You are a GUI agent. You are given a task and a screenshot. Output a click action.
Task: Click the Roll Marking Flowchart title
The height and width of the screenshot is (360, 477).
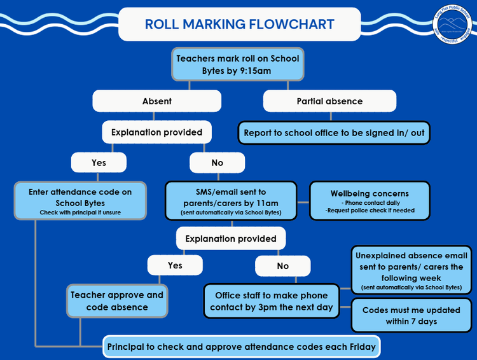(x=239, y=25)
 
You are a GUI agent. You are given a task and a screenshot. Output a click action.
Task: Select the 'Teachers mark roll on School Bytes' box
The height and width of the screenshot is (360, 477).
(x=237, y=64)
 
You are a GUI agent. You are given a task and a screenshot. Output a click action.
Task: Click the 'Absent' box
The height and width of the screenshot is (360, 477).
(x=156, y=101)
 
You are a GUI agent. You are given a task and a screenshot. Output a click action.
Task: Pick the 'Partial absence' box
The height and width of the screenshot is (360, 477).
(x=329, y=101)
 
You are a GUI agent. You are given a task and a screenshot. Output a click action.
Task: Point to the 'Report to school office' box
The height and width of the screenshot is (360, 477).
(x=334, y=133)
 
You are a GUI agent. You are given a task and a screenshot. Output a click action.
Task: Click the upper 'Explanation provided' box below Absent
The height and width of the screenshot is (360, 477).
(x=156, y=132)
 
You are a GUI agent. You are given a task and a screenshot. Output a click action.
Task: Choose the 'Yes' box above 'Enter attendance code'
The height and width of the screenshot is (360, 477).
(x=99, y=163)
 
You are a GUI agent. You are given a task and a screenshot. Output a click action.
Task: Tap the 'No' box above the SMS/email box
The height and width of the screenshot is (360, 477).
(x=218, y=163)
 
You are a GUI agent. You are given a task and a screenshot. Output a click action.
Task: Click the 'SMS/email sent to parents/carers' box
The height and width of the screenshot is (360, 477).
(x=231, y=200)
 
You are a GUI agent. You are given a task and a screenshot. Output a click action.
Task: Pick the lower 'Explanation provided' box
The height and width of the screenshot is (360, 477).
(x=231, y=239)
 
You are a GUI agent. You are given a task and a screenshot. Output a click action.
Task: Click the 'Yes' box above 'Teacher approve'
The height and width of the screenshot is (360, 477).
(x=175, y=265)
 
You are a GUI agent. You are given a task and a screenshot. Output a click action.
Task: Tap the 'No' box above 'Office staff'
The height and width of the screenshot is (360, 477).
(x=283, y=266)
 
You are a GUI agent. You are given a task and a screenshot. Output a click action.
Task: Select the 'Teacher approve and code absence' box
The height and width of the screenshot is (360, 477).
(x=117, y=301)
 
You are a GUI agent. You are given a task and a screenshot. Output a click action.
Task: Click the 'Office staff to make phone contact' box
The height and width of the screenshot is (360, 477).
(x=271, y=301)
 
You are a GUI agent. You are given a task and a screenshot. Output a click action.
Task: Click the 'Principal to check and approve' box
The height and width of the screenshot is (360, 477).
(x=241, y=347)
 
